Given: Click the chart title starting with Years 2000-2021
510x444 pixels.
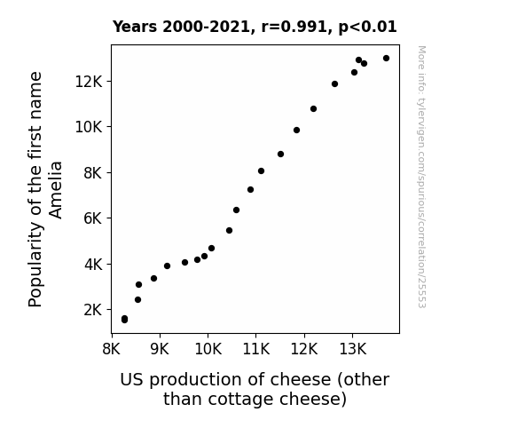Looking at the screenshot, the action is coord(255,27).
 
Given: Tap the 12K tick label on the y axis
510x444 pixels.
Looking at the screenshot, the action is coord(89,82).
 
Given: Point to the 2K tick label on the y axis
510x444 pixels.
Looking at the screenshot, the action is coord(93,310).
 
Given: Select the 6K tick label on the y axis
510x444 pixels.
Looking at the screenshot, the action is coord(93,218).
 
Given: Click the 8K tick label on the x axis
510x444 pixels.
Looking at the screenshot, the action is coord(112,349).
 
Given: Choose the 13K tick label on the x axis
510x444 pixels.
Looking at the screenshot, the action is coord(353,349).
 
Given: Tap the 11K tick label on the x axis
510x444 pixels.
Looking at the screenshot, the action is coord(256,349).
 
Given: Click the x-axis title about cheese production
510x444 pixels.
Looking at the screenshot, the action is coord(255,389).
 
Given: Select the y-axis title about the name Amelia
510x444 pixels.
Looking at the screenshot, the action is coord(45,189).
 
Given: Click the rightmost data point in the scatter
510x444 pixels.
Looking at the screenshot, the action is coord(386,59).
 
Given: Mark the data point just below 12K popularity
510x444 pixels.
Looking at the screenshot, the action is coord(334,84).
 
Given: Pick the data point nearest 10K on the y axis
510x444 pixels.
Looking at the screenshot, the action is coord(296,130).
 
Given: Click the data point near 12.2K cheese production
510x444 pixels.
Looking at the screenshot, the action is coord(314,109).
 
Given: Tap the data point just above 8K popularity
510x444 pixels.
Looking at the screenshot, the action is coord(261,171).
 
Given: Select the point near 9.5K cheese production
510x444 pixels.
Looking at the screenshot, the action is coord(185,262).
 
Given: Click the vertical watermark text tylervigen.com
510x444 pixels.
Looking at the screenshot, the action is coord(422,177).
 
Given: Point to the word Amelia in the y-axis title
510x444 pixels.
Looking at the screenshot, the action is coord(55,190).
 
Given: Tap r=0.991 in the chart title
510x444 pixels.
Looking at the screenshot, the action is coord(294,27).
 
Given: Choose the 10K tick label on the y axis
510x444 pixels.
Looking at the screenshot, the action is coord(89,127).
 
